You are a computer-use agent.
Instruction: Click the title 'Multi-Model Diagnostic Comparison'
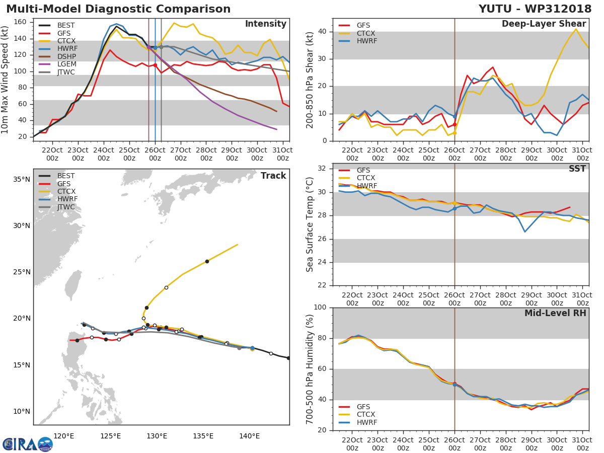118,9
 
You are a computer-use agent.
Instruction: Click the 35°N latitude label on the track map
22,179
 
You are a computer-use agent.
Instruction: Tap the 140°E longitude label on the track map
250,436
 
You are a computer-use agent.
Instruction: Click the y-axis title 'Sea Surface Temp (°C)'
310,224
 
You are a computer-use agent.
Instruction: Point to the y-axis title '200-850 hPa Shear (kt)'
310,80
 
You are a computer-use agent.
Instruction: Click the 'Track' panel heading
273,176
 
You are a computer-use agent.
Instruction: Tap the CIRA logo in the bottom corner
28,444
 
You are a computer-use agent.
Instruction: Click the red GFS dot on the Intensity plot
155,65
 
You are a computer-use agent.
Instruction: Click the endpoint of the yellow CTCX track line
238,245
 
